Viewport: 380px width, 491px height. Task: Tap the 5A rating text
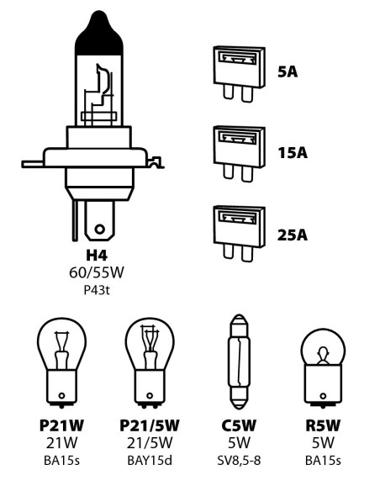pyautogui.click(x=289, y=71)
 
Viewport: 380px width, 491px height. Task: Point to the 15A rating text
pyautogui.click(x=293, y=154)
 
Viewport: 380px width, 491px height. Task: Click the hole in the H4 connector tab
pyautogui.click(x=101, y=227)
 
